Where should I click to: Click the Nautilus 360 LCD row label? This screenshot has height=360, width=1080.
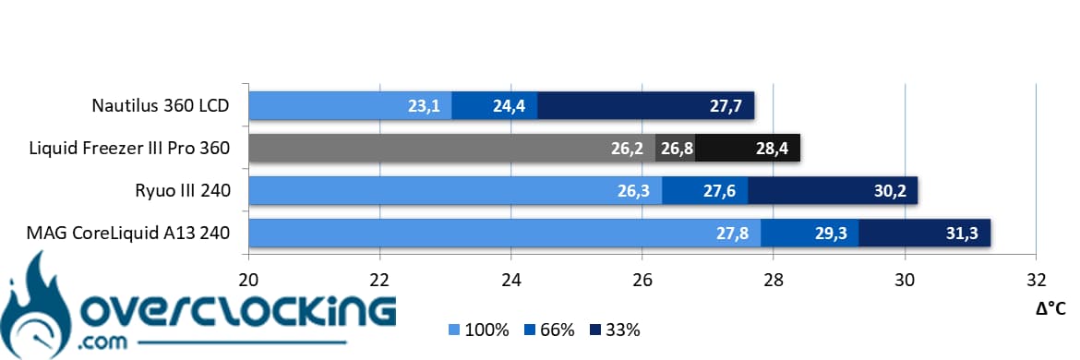pos(161,106)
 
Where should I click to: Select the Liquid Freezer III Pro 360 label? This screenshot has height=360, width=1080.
pos(129,148)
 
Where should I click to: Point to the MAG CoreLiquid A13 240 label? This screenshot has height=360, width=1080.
pos(128,234)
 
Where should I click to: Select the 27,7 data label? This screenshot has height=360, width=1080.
pos(726,107)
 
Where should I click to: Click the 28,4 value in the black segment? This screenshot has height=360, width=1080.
pos(772,149)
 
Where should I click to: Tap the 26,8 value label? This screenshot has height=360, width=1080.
pos(676,149)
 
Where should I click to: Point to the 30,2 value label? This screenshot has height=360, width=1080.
pos(890,191)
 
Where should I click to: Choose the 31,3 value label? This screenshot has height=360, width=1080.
pos(962,234)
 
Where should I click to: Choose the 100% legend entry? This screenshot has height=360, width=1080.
pos(479,330)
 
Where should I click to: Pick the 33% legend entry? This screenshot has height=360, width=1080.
pos(615,330)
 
